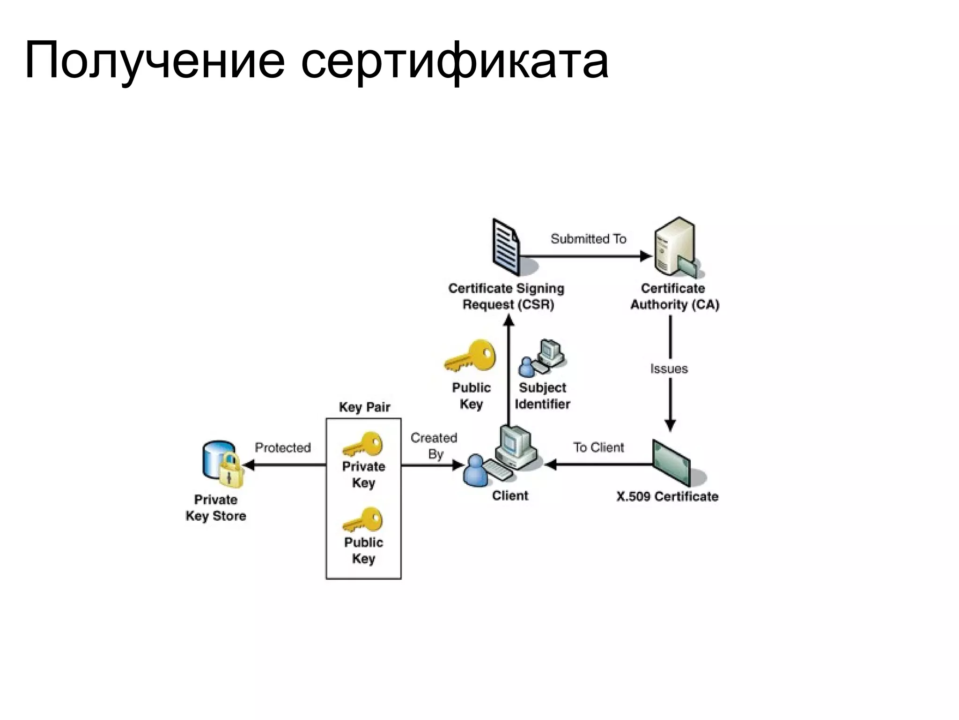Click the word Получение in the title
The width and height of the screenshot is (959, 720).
[x=155, y=61]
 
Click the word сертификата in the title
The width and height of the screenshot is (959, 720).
[x=454, y=61]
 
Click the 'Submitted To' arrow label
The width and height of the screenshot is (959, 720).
[x=588, y=239]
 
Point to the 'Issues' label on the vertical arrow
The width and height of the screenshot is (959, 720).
[x=669, y=369]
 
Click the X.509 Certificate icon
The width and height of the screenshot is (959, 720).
[x=671, y=463]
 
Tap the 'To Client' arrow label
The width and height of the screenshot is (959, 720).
[x=598, y=448]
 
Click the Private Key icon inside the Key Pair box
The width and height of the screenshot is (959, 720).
[x=363, y=444]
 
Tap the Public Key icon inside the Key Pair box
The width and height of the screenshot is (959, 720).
[x=363, y=520]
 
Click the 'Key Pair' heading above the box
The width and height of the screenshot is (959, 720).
[x=364, y=407]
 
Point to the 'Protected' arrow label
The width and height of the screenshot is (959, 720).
[x=283, y=448]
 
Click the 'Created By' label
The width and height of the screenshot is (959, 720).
[x=434, y=446]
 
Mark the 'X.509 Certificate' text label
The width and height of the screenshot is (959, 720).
[x=667, y=496]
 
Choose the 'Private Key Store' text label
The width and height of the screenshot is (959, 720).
[x=216, y=508]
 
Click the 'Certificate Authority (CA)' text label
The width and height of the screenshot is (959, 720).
[x=674, y=296]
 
